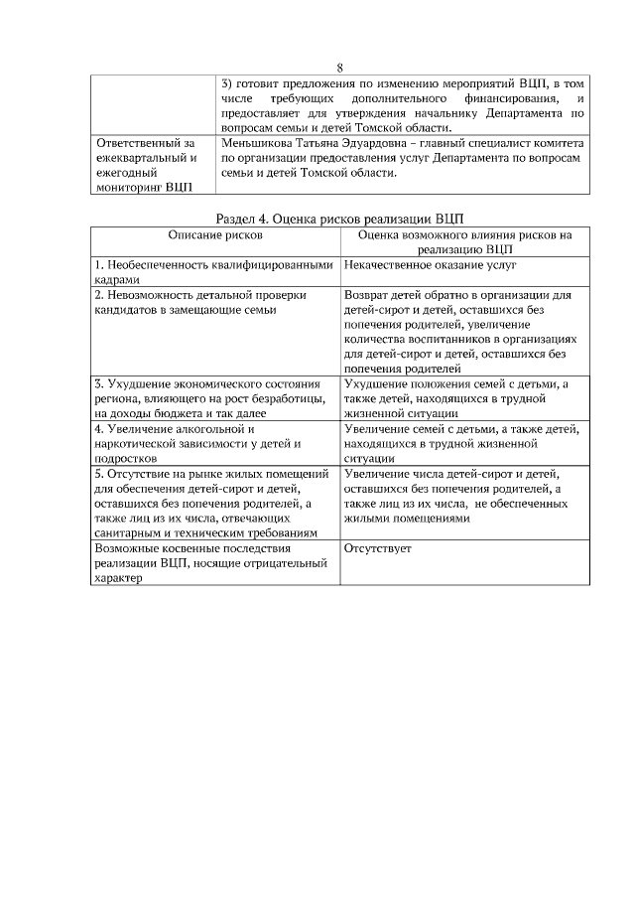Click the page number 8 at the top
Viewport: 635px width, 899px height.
pos(339,69)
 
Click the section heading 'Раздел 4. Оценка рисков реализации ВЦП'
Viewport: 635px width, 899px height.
pos(339,219)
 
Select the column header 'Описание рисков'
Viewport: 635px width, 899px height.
pos(215,236)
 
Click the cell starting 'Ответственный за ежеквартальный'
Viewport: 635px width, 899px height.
pos(148,165)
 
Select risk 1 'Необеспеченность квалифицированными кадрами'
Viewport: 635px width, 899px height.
pos(215,272)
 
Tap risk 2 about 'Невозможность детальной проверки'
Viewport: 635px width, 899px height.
pos(215,302)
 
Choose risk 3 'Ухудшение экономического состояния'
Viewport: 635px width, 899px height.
pos(215,397)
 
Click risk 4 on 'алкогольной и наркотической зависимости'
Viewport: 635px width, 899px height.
pos(215,444)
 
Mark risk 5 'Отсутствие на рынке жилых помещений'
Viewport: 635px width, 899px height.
pos(215,503)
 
